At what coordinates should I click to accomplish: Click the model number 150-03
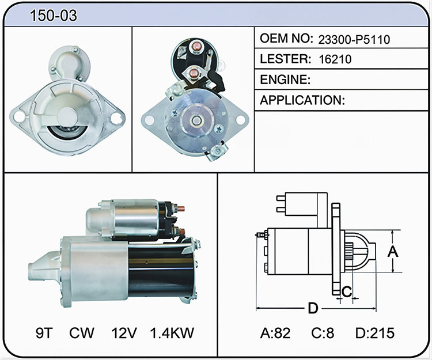[54, 16]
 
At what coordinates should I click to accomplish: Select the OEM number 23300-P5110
[354, 40]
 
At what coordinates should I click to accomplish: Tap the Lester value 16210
[335, 59]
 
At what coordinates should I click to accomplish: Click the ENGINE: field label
[285, 79]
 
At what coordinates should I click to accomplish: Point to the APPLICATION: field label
[302, 100]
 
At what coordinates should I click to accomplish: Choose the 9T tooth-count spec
[44, 333]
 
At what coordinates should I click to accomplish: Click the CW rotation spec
[82, 333]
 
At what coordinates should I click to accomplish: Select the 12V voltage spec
[124, 333]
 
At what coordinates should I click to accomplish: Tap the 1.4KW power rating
[172, 333]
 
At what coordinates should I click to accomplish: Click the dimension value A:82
[275, 333]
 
